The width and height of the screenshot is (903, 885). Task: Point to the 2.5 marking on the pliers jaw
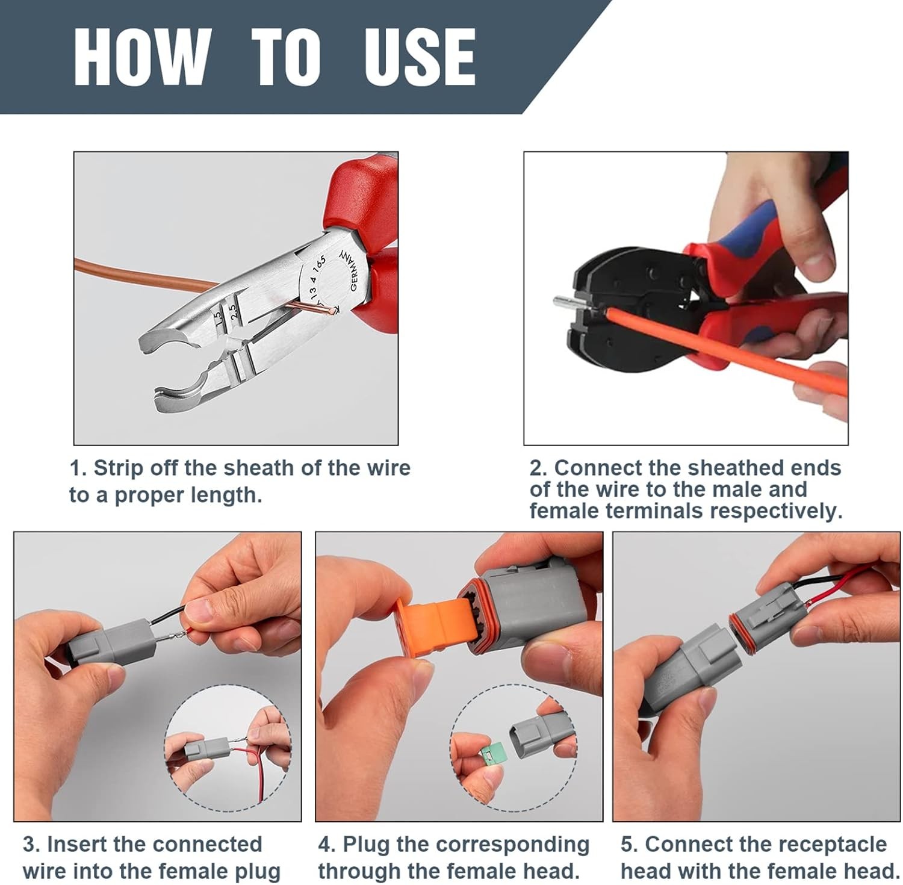235,310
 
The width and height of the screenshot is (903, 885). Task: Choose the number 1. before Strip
78,468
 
